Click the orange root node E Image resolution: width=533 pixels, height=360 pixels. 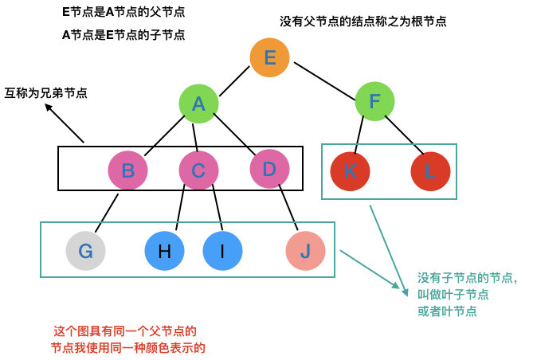click(x=269, y=58)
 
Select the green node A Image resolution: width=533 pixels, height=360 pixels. click(x=198, y=104)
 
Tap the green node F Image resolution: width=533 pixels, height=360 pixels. click(x=374, y=102)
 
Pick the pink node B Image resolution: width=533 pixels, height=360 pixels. click(x=127, y=170)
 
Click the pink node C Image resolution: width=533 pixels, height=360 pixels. click(x=198, y=170)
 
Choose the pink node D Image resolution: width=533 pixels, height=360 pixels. click(x=268, y=169)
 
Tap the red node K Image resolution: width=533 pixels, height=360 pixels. click(x=350, y=170)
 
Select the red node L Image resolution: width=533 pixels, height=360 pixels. click(x=431, y=170)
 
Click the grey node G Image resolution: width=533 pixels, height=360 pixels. click(x=85, y=252)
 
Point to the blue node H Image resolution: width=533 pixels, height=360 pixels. click(x=164, y=252)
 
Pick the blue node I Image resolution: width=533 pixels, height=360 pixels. click(x=221, y=252)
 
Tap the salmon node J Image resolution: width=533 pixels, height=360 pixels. click(x=305, y=252)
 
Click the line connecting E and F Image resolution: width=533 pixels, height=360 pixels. click(x=323, y=80)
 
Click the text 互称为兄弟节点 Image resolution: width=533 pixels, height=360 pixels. click(x=45, y=93)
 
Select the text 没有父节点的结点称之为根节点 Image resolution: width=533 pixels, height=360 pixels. click(x=363, y=22)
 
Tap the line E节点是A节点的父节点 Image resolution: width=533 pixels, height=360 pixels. click(x=123, y=14)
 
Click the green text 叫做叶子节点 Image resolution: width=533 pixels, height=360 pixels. click(x=453, y=295)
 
